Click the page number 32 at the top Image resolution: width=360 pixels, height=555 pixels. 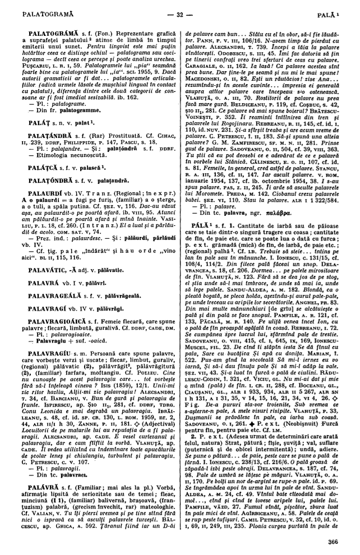point(179,11)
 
